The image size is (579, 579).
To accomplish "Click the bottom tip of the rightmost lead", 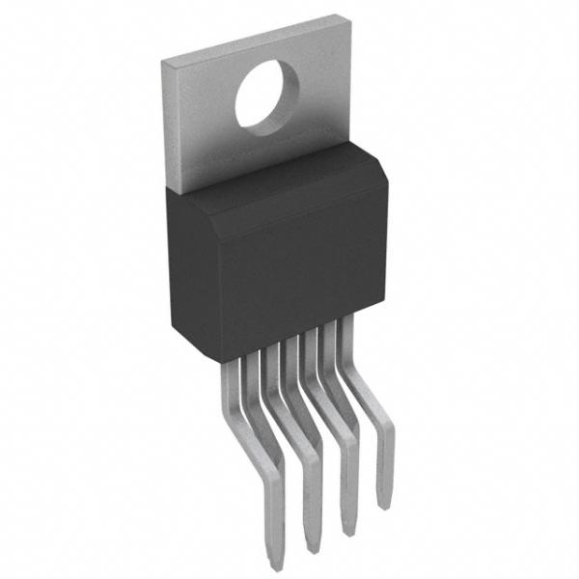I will click(383, 504).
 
